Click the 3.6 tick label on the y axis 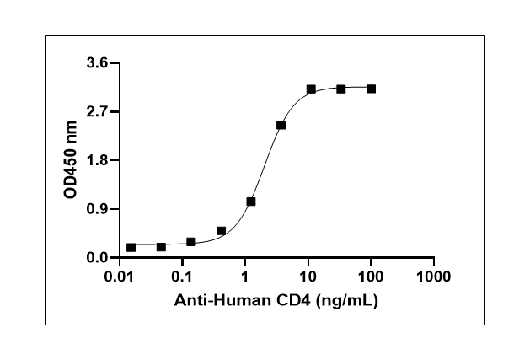(98, 63)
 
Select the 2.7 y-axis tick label (98, 111)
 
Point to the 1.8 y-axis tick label (98, 160)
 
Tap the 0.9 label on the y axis (98, 209)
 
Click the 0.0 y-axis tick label (98, 257)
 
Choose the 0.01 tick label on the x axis (120, 277)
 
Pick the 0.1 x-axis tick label (183, 277)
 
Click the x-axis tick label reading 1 (245, 277)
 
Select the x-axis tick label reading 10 (308, 277)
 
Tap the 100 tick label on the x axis (371, 277)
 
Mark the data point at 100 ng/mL (371, 89)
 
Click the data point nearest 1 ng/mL (251, 201)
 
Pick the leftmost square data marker (131, 247)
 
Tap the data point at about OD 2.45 (281, 125)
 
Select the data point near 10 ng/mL (311, 89)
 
